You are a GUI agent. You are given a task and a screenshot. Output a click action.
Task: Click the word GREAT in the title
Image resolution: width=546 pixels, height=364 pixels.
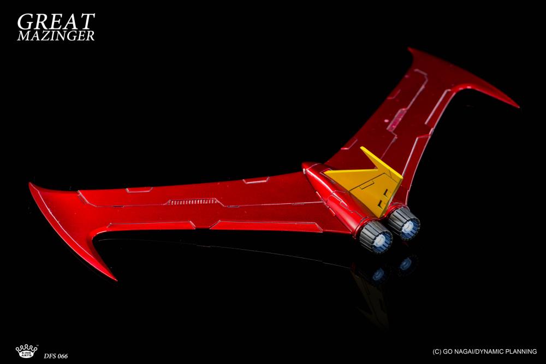[x=56, y=22]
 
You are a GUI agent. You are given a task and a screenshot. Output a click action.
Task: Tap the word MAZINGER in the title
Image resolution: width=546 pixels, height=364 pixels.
[x=56, y=36]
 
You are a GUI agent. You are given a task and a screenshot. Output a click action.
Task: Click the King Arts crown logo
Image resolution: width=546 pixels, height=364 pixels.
[x=26, y=351]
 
